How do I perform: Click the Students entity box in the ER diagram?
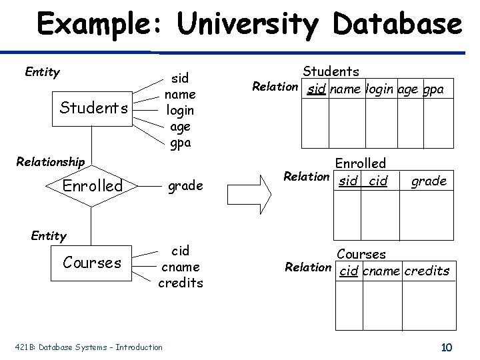coord(93,108)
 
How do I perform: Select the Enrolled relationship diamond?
coord(93,186)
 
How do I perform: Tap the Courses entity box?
coord(92,263)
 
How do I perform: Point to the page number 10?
coord(447,347)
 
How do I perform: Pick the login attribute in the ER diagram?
coord(179,111)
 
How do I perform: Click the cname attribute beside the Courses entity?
coord(181,267)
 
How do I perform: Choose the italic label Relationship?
coord(51,162)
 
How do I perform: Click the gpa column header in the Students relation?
coord(433,89)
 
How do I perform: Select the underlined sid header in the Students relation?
coord(316,89)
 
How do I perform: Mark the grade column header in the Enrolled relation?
coord(428,181)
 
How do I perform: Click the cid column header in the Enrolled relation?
coord(378,181)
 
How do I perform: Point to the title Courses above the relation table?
coord(361,254)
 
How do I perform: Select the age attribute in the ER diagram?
coord(179,127)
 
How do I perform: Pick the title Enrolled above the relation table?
coord(360,163)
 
